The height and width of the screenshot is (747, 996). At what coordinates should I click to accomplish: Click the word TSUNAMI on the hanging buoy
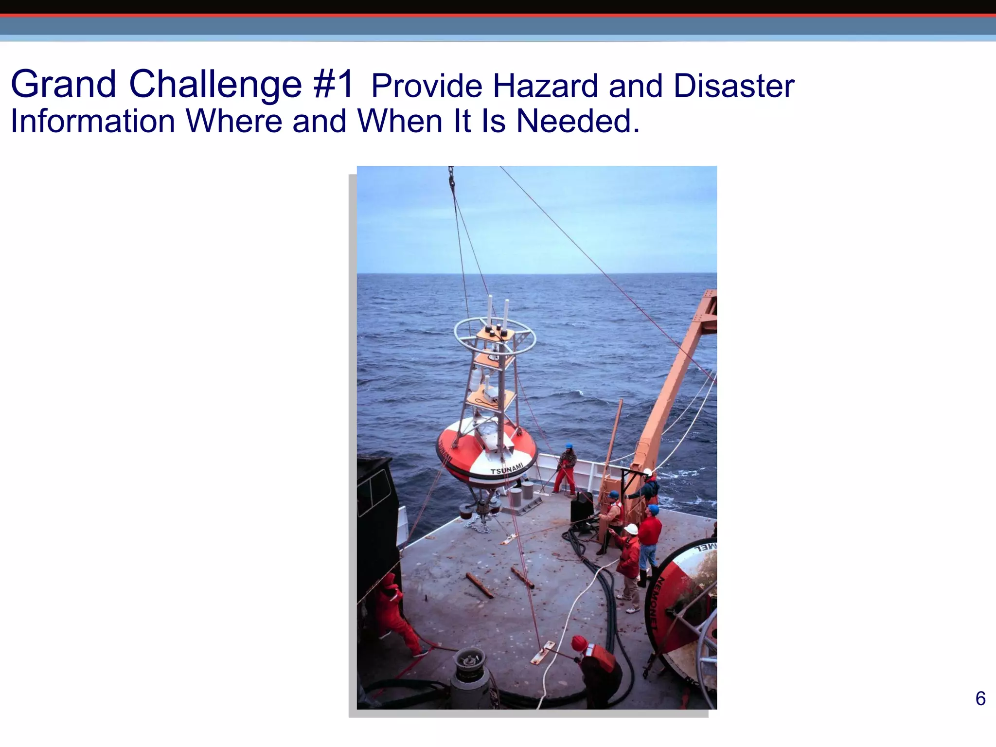507,469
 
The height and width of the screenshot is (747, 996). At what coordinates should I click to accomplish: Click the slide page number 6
980,699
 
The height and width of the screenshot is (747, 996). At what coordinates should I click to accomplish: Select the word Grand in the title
63,84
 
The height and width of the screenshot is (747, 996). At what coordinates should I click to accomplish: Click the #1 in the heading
334,84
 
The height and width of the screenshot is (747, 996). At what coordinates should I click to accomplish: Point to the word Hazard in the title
545,86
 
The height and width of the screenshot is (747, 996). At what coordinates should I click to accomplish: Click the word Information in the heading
93,121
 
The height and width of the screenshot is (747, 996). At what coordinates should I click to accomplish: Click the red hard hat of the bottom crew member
579,643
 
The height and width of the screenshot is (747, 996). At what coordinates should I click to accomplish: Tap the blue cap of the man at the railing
569,446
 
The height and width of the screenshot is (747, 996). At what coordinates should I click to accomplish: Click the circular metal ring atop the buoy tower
495,336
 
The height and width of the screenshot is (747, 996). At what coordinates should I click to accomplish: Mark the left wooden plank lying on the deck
480,585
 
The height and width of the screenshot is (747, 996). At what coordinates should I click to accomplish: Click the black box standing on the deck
582,509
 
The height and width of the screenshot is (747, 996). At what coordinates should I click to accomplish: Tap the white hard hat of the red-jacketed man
631,529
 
